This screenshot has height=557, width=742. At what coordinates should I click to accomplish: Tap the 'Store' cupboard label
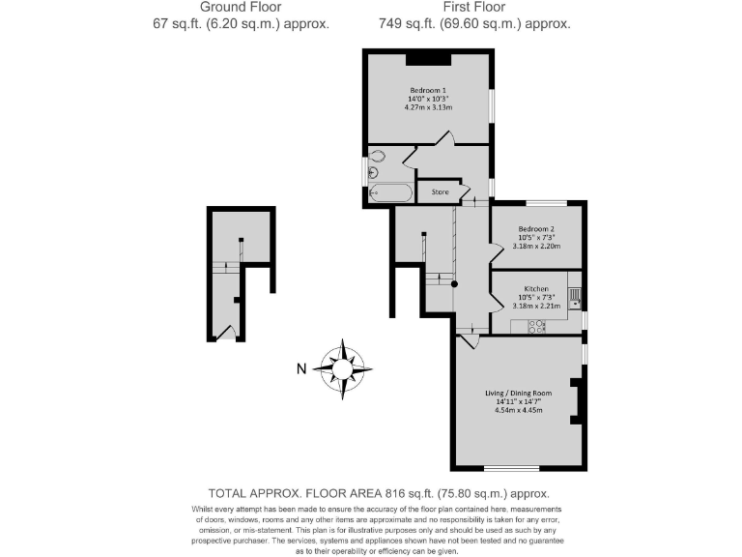[440, 191]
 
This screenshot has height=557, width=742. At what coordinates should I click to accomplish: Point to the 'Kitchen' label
[536, 289]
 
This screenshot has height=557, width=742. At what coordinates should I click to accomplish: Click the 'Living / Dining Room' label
[518, 394]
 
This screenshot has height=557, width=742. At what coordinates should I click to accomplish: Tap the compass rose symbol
[343, 367]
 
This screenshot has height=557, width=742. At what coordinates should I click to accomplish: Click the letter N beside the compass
[301, 368]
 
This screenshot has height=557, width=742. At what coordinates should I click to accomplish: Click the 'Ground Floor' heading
[242, 7]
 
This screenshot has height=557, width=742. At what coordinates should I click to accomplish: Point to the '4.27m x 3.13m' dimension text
[426, 107]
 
